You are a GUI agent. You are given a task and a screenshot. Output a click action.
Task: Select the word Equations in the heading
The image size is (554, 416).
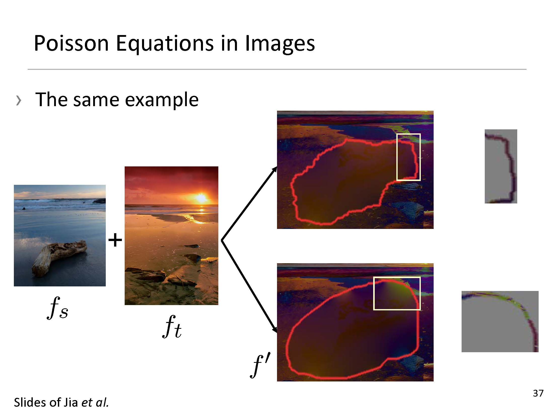[165, 44]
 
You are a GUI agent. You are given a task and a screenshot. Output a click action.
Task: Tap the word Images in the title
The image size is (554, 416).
[280, 44]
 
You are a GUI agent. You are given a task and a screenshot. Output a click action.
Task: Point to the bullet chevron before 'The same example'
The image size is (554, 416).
[19, 100]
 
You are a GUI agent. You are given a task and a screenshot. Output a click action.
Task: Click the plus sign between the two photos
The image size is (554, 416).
[115, 240]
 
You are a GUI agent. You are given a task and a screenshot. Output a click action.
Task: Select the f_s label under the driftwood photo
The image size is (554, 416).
[58, 308]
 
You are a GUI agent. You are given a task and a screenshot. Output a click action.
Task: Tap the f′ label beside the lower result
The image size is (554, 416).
[260, 366]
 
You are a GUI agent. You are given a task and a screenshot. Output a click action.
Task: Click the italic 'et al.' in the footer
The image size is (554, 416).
[95, 402]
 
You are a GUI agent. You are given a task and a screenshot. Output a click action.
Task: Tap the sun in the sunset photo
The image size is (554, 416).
[201, 198]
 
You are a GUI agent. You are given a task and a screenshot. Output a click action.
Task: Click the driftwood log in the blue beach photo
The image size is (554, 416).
[59, 257]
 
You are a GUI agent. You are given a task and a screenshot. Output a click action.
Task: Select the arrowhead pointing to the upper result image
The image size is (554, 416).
[274, 169]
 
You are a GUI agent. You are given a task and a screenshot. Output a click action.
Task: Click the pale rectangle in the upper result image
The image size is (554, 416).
[397, 157]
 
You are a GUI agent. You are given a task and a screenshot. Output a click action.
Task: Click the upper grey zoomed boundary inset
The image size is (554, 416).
[501, 166]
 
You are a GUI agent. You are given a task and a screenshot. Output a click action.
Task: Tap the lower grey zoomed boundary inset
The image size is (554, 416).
[500, 321]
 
